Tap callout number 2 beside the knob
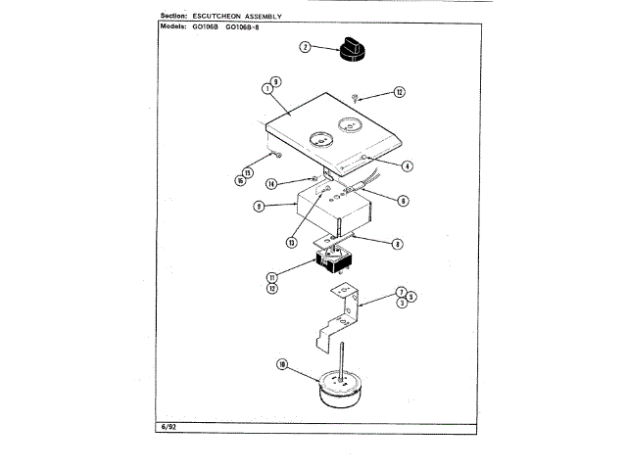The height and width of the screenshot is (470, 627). [x=306, y=47]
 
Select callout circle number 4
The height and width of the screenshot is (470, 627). [x=407, y=167]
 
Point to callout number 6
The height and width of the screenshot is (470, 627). [x=403, y=201]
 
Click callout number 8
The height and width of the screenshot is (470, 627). [x=397, y=245]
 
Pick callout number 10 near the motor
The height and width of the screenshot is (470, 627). [x=282, y=365]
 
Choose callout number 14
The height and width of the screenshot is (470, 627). [x=271, y=183]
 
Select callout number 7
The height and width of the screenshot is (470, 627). [x=401, y=292]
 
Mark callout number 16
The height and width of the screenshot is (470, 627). [x=239, y=181]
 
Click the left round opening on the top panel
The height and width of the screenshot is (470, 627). [x=317, y=137]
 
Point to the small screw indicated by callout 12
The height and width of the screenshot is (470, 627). [x=358, y=98]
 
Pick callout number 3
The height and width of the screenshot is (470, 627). [x=401, y=305]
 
